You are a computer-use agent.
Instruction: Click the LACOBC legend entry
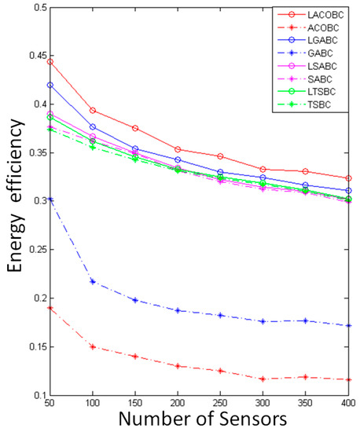(x=325, y=14)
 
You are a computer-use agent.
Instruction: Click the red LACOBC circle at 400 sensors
(x=348, y=178)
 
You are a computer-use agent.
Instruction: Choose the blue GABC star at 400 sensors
(x=348, y=325)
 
